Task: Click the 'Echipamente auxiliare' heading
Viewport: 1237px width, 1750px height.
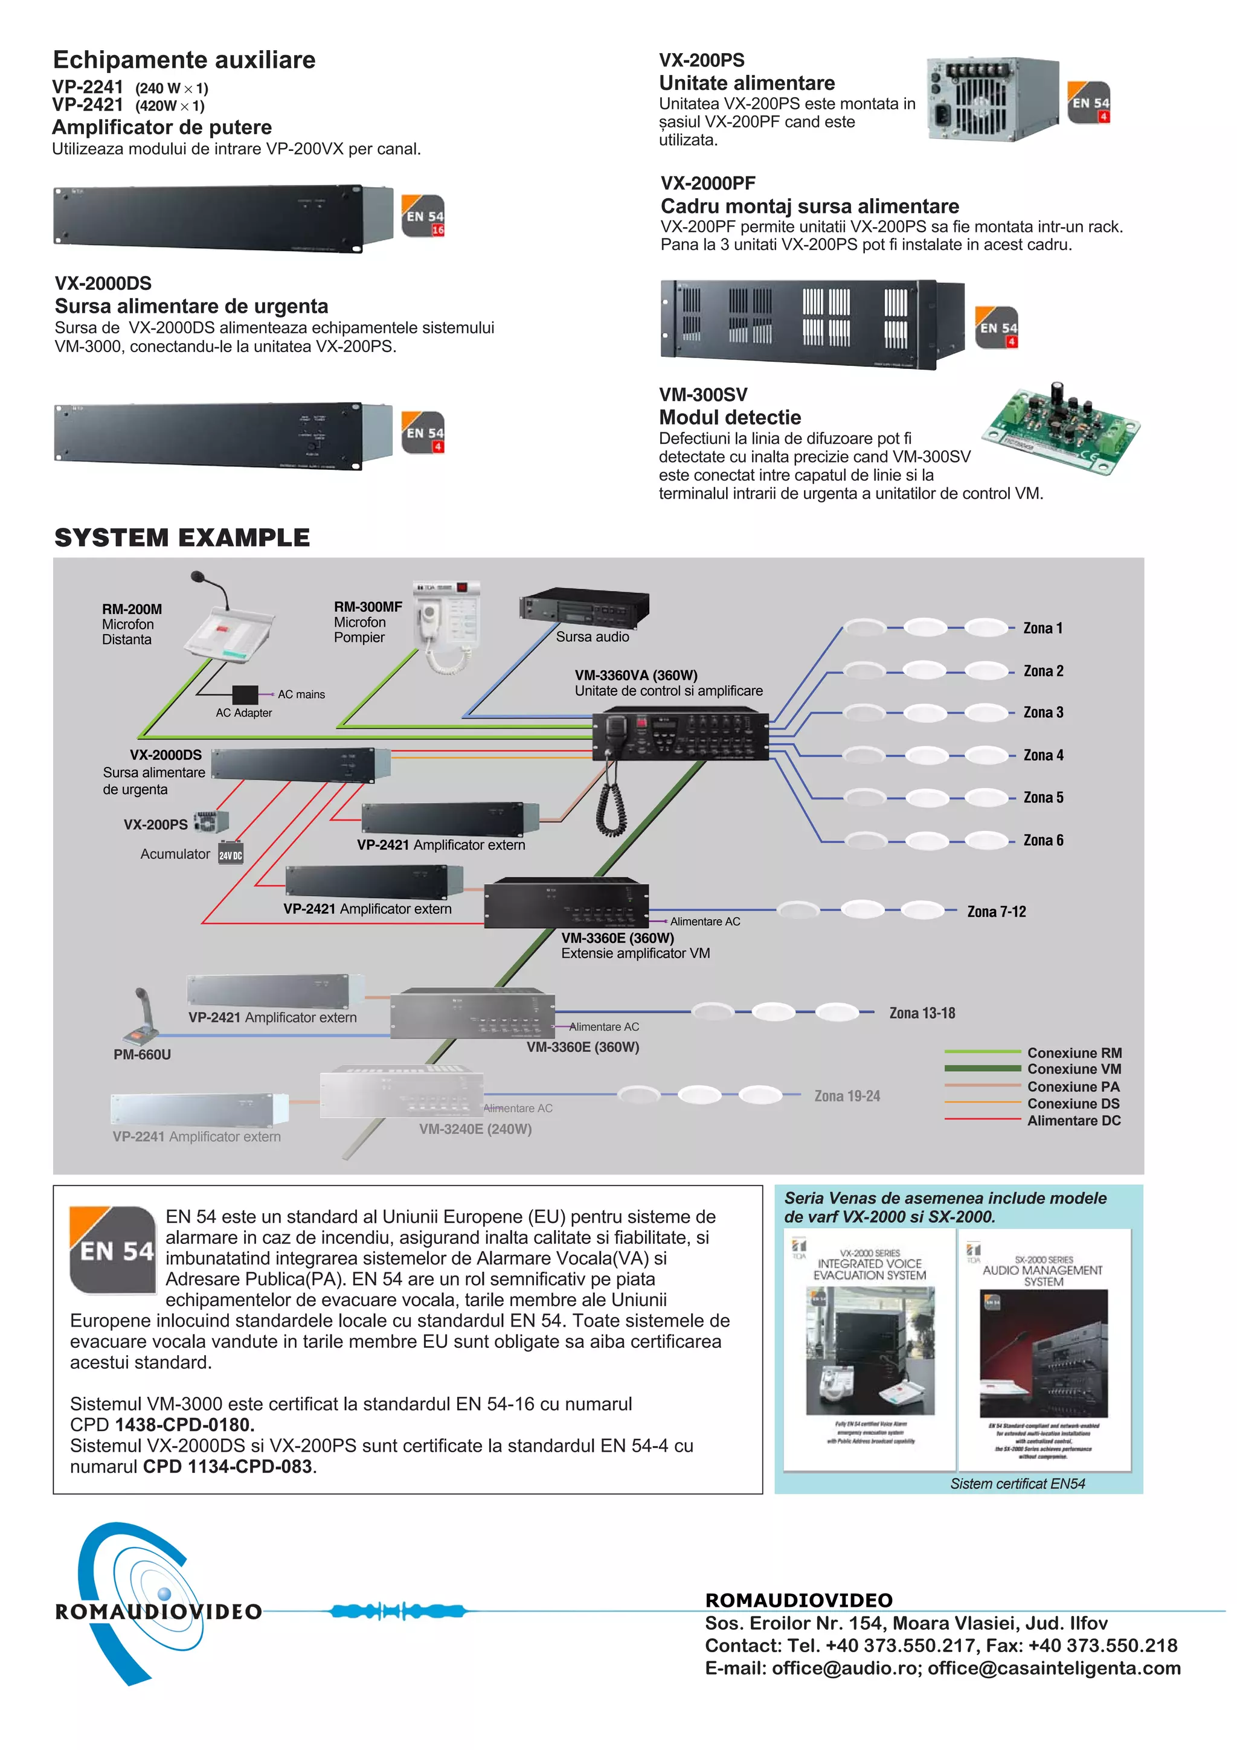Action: coord(184,59)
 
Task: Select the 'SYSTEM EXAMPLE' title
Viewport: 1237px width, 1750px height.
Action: coord(182,537)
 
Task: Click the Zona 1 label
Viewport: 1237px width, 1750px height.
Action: coord(1042,628)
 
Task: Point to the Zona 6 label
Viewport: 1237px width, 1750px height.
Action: coord(1043,840)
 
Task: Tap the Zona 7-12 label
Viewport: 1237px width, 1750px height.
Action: coord(995,912)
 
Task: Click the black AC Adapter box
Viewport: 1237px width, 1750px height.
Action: coord(245,694)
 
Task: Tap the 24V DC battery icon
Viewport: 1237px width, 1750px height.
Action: coord(231,854)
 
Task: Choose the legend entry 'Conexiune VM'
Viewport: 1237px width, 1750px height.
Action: coord(1073,1069)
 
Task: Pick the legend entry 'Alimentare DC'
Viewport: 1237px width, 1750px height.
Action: coord(1073,1120)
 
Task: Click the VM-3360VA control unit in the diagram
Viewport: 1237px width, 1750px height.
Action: coord(680,734)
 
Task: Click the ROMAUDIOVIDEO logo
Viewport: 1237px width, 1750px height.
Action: coord(152,1608)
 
